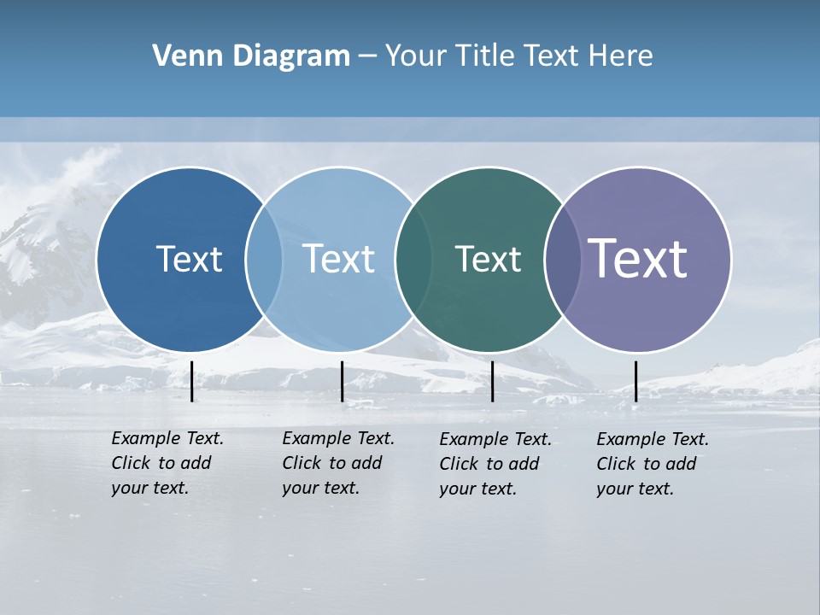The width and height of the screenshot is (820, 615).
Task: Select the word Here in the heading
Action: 621,56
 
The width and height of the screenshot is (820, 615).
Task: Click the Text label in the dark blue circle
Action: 189,259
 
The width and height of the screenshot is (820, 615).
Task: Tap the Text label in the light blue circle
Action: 339,259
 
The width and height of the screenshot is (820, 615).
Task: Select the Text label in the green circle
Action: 488,259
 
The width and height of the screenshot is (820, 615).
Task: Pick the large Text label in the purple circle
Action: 638,258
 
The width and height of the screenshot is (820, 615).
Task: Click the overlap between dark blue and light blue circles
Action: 264,259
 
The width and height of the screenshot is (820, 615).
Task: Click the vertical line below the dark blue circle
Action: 191,381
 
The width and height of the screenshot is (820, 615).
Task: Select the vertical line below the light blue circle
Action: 342,381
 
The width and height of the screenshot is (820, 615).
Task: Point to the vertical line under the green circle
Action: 492,381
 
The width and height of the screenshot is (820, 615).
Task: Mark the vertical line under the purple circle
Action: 635,381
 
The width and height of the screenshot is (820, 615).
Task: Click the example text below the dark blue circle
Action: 167,463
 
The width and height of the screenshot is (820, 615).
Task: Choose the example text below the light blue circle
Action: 337,463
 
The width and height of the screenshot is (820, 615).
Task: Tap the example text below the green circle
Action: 495,464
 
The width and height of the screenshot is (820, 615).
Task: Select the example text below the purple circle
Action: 652,464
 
